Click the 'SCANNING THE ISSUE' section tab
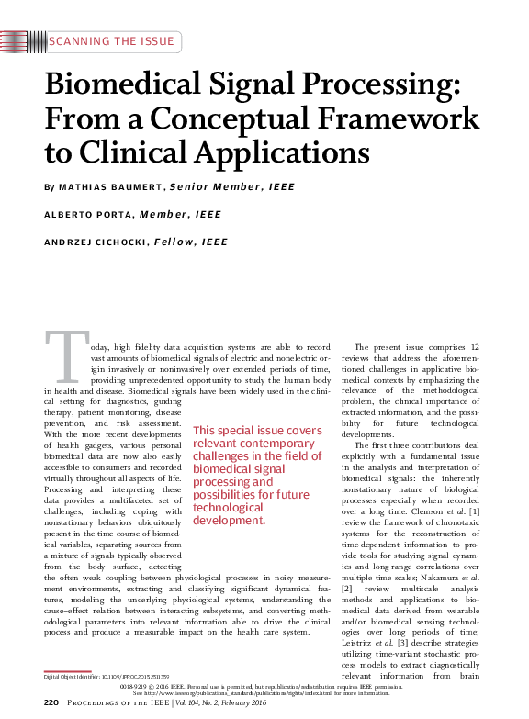click(x=110, y=41)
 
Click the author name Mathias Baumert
click(x=111, y=187)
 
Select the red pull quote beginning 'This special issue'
click(x=258, y=475)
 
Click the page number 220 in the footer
click(x=51, y=702)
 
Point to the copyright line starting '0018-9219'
click(x=264, y=685)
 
